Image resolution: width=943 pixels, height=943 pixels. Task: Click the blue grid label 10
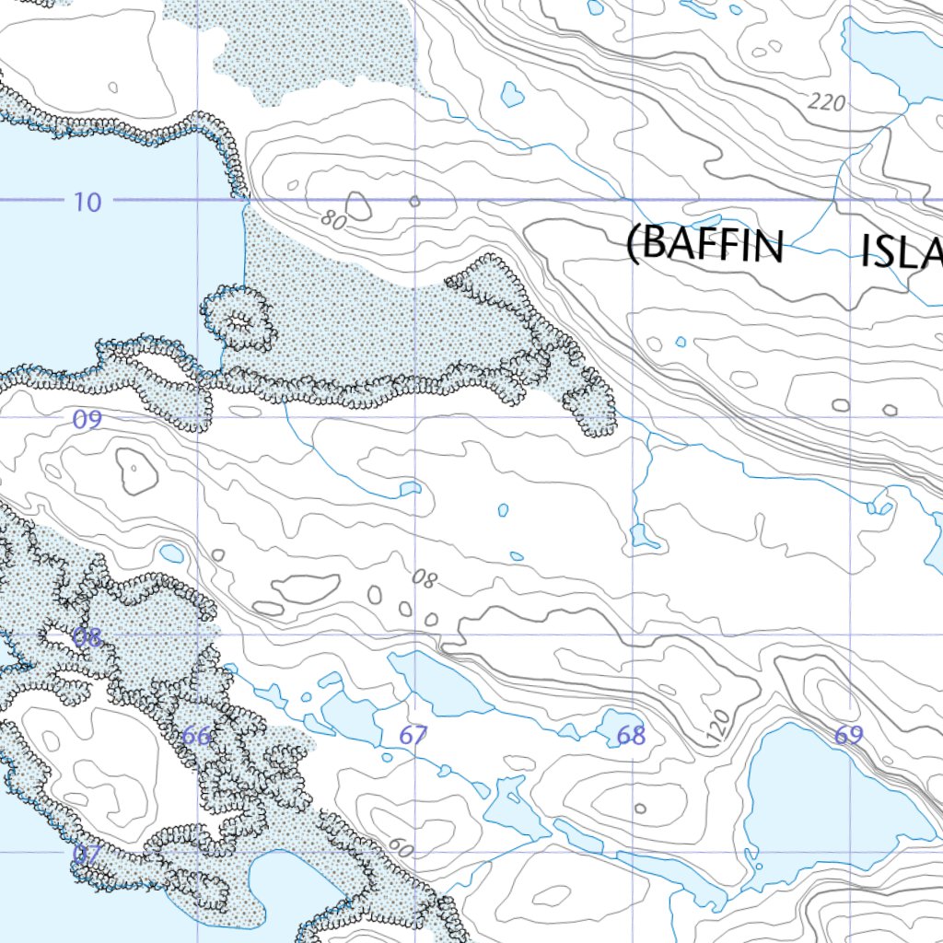87,202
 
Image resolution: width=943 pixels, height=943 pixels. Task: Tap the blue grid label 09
87,420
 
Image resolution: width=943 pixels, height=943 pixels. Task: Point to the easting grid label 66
196,736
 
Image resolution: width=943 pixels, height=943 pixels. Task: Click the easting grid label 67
413,736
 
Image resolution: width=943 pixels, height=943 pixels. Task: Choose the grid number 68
632,736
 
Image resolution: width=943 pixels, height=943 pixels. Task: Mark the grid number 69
849,736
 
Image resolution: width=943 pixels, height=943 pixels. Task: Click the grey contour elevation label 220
827,102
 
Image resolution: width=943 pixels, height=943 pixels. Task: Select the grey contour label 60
401,846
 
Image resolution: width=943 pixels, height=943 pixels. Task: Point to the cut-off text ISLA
901,250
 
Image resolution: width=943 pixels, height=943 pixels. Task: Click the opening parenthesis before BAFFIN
633,246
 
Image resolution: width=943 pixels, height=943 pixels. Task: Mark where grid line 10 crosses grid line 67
416,199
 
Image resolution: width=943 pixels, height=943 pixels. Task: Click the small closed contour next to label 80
358,207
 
